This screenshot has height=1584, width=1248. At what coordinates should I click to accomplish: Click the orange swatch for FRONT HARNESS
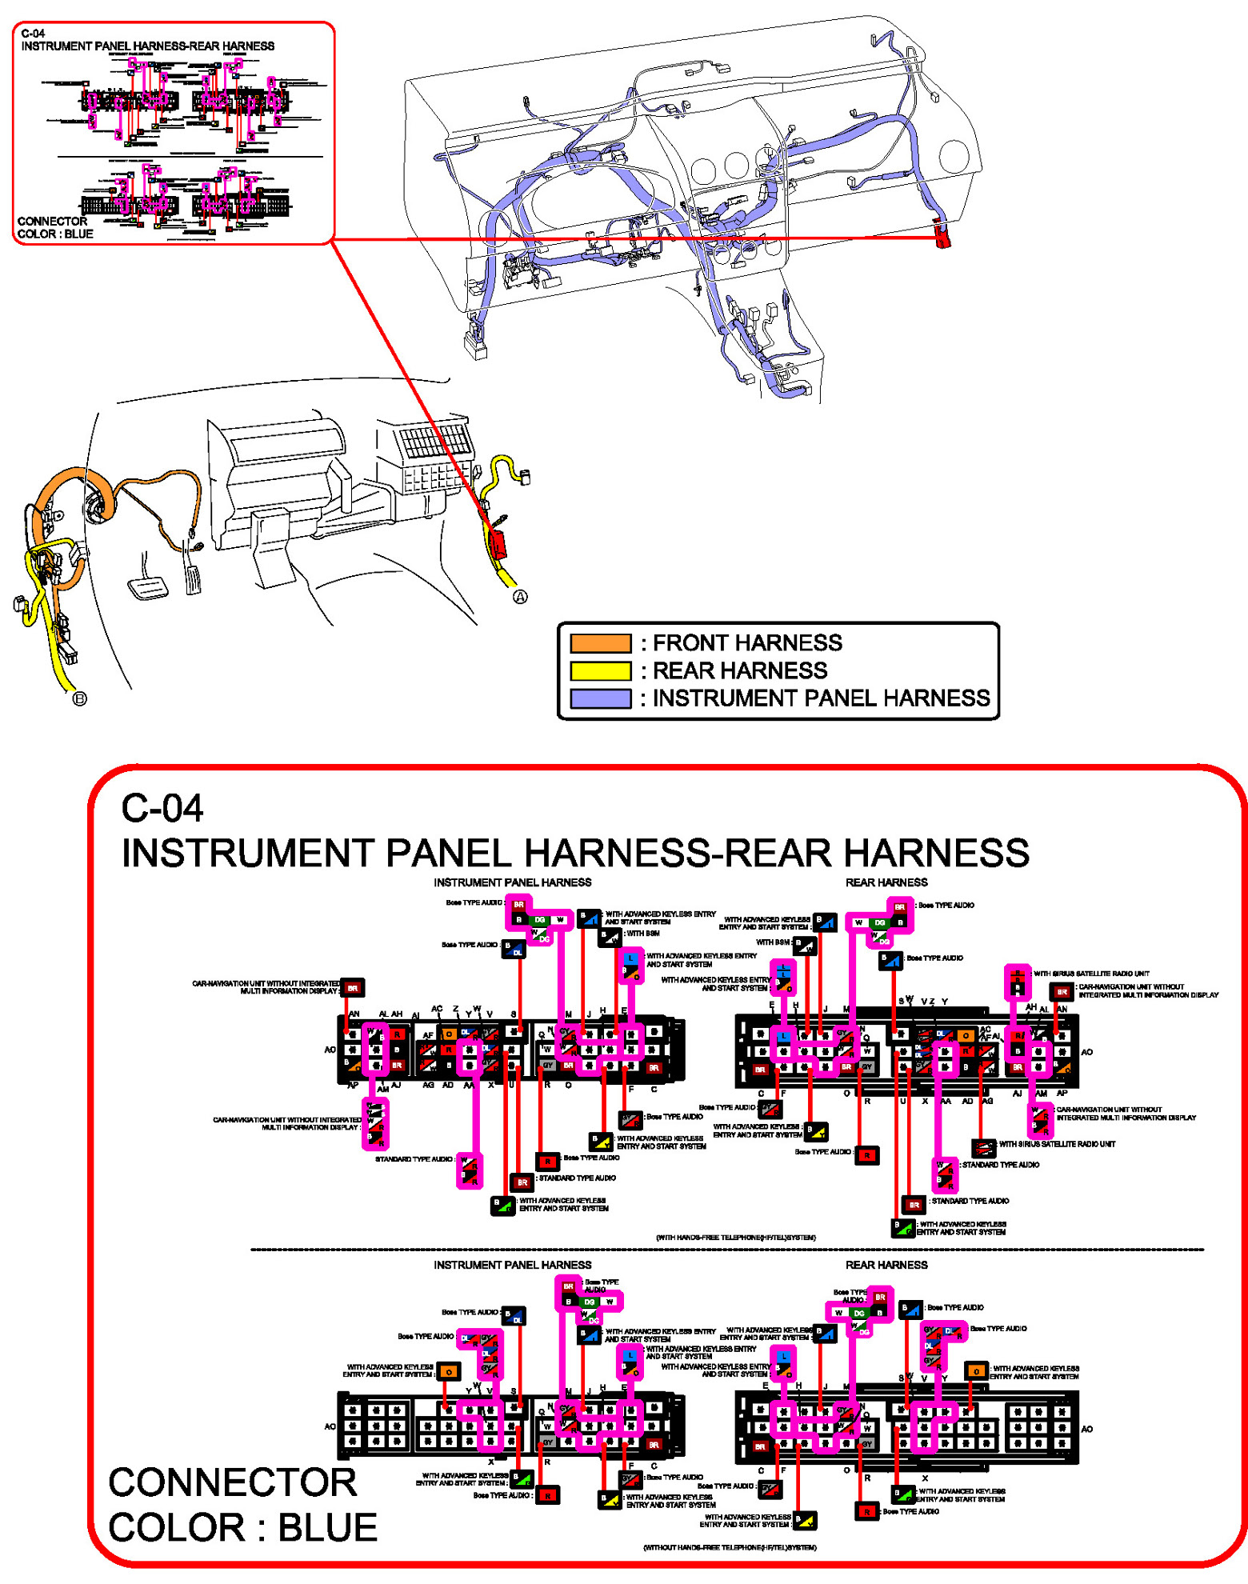[600, 643]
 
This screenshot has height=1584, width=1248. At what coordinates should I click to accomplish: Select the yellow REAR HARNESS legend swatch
[600, 670]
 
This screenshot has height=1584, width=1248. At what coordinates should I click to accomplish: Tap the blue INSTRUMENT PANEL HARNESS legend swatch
[600, 698]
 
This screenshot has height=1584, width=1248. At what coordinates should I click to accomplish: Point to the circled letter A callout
[520, 597]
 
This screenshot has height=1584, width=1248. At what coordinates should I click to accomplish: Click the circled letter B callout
[80, 699]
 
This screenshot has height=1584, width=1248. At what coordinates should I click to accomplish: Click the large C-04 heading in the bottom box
[162, 808]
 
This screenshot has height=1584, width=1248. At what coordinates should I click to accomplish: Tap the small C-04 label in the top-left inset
[33, 34]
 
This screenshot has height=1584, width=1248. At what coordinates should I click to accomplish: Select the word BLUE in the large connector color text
[327, 1528]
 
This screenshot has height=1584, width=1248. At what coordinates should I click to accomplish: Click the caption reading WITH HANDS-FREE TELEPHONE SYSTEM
[735, 1238]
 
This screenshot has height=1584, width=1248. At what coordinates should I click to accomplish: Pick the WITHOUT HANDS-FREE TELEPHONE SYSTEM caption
[730, 1547]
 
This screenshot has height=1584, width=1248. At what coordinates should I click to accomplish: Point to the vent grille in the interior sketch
[436, 438]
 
